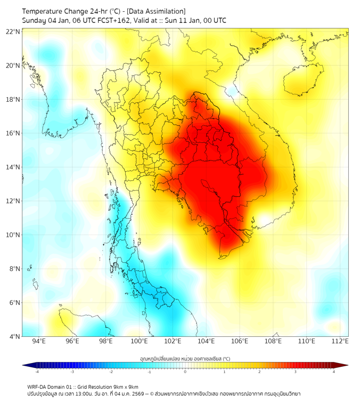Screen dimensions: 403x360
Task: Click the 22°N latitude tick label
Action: [x=13, y=31]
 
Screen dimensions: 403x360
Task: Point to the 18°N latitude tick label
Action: [x=13, y=99]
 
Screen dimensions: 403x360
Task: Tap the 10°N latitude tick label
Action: [x=13, y=235]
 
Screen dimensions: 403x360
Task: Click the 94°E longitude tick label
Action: [x=39, y=341]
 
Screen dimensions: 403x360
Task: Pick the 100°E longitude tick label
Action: [x=140, y=341]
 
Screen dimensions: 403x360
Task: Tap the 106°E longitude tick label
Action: [x=240, y=341]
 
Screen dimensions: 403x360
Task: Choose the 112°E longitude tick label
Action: [x=341, y=341]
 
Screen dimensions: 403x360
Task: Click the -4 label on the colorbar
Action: [x=37, y=372]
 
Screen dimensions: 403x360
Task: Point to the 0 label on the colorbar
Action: [x=185, y=372]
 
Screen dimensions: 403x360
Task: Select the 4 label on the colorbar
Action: [x=334, y=372]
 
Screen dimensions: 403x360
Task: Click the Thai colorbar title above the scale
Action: [x=185, y=359]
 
